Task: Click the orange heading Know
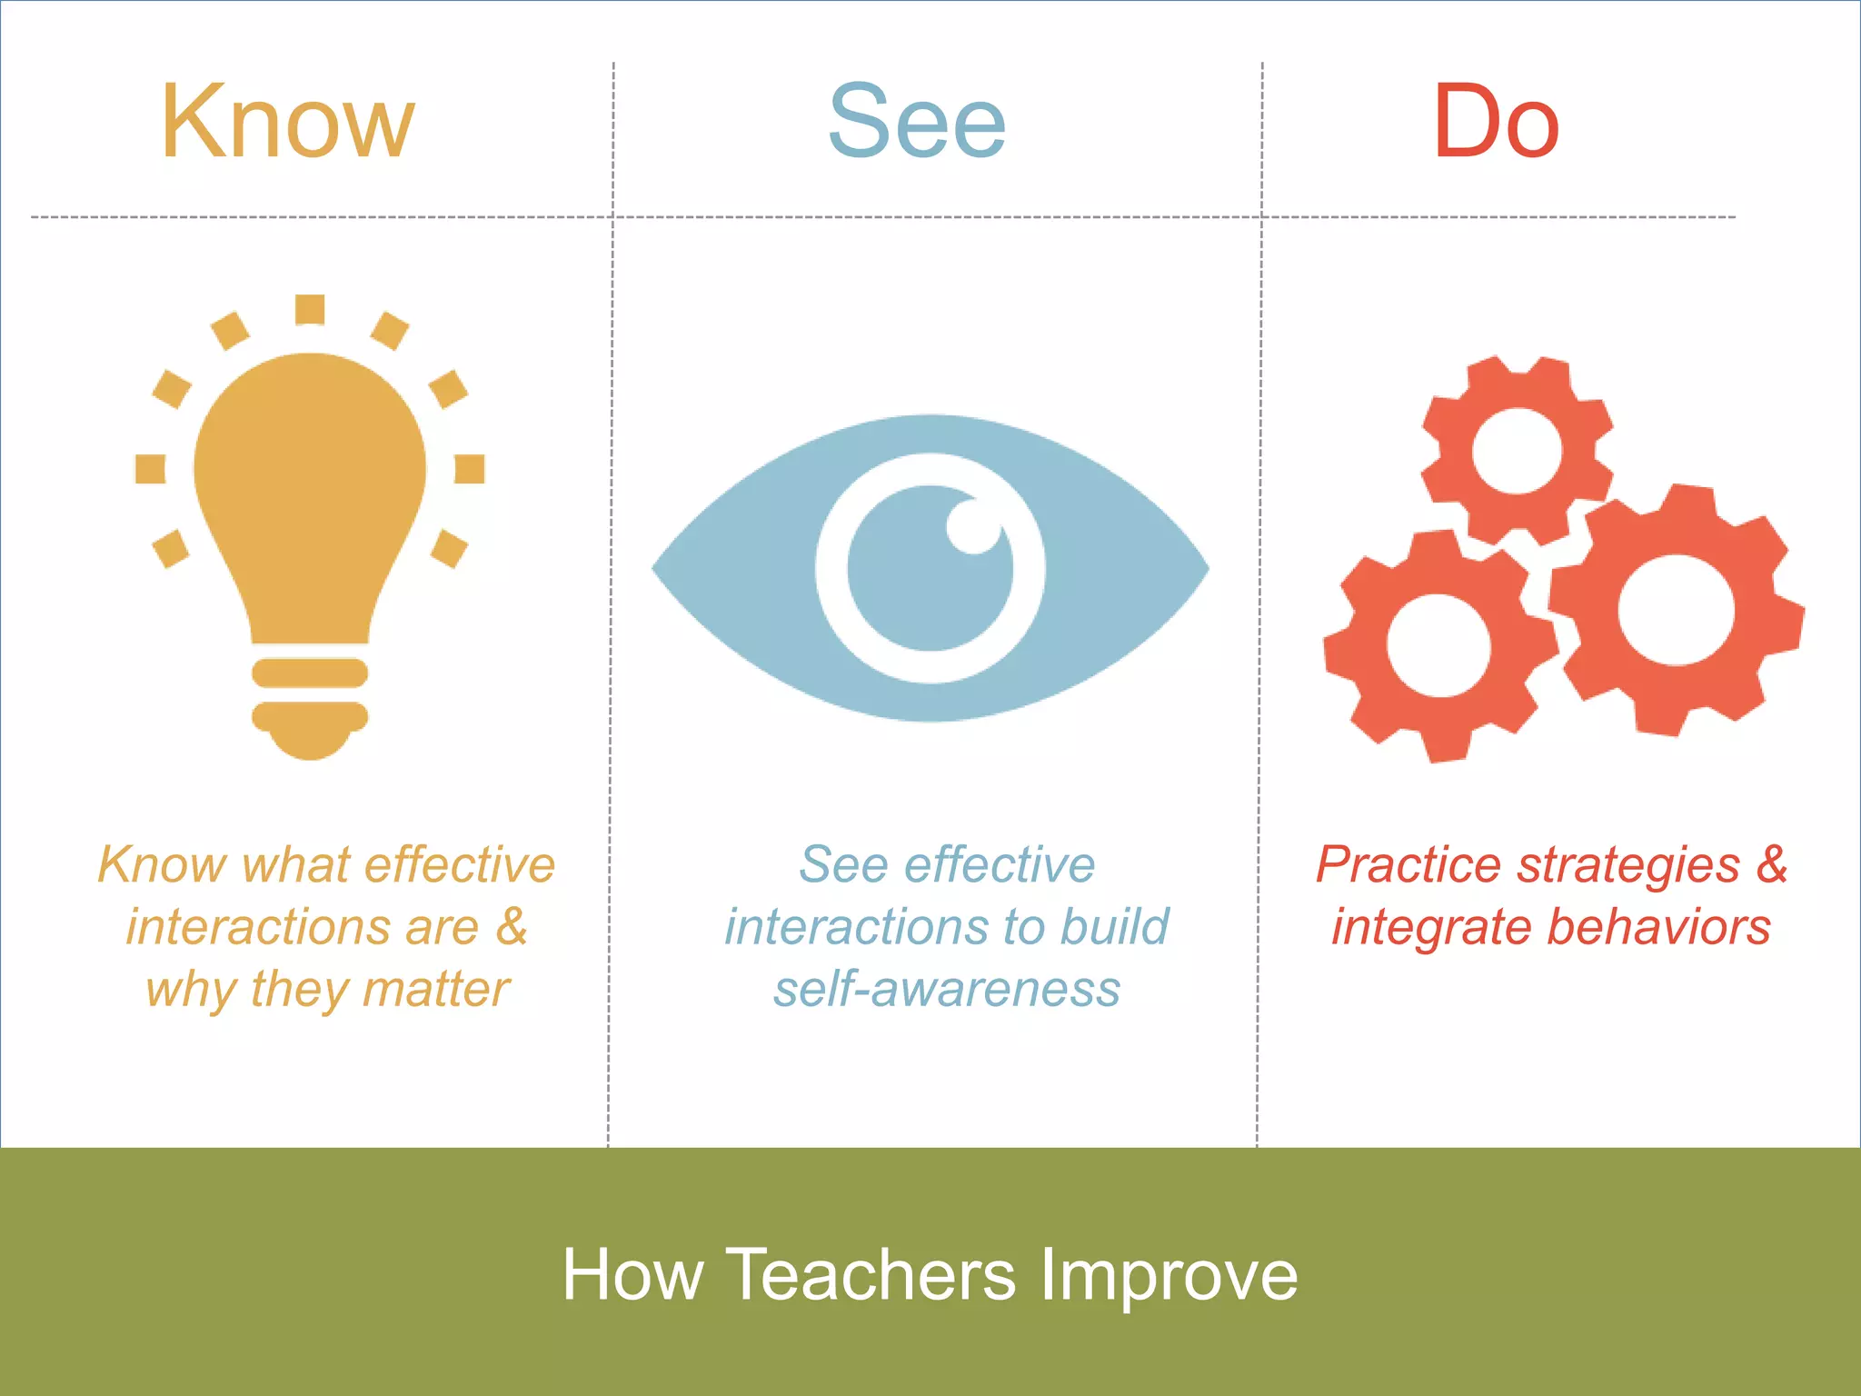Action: [287, 123]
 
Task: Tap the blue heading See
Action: [917, 123]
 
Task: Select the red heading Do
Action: [1496, 123]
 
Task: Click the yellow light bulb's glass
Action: [310, 482]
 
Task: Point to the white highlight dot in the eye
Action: [972, 526]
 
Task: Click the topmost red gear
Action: [1517, 450]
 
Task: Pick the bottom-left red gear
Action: [1438, 646]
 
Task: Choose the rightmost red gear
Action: [1676, 610]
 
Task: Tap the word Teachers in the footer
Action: [871, 1274]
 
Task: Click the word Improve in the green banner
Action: [1169, 1274]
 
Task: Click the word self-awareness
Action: [947, 989]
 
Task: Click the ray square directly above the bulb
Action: [310, 309]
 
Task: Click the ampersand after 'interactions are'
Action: [512, 927]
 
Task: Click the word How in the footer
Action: [632, 1274]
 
